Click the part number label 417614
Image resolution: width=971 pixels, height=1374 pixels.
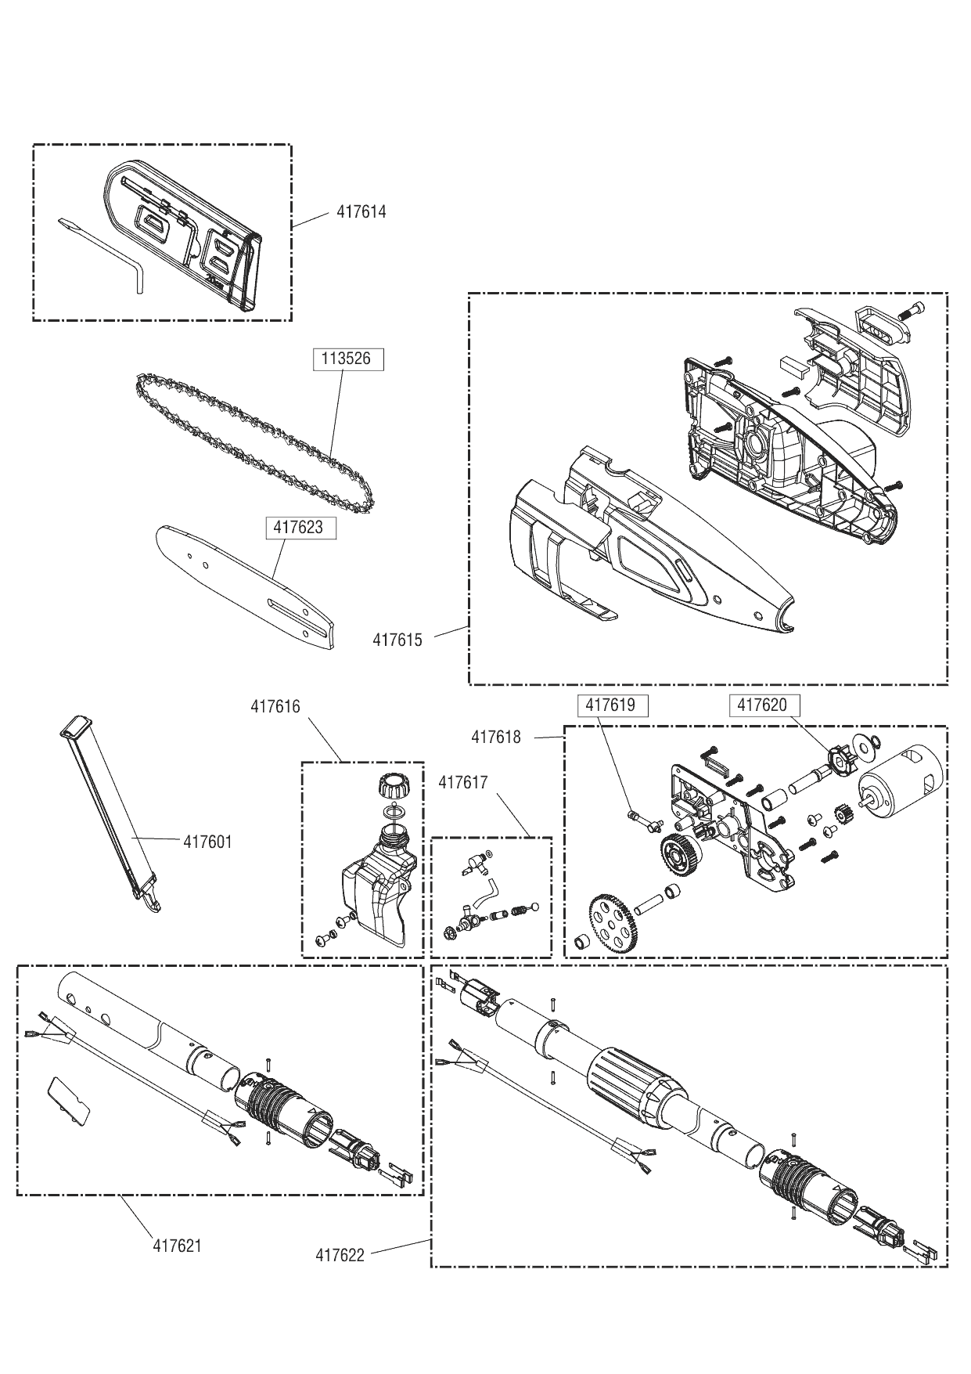[x=361, y=212]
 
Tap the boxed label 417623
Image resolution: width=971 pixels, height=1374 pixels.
[x=298, y=528]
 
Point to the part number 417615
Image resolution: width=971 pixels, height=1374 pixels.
[x=397, y=640]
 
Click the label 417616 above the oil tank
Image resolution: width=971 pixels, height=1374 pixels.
[x=275, y=707]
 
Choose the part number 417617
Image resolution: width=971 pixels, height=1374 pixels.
[x=463, y=782]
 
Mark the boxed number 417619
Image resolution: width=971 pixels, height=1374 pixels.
[x=610, y=705]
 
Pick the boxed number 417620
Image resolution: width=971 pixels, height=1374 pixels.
[x=762, y=705]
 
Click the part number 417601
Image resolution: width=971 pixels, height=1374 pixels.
[x=208, y=842]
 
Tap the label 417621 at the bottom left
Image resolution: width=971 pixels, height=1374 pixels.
[x=177, y=1246]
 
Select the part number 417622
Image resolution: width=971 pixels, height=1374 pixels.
[x=340, y=1256]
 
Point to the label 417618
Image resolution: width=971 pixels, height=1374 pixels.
[x=496, y=737]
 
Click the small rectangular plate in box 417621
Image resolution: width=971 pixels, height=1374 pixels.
[x=70, y=1102]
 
